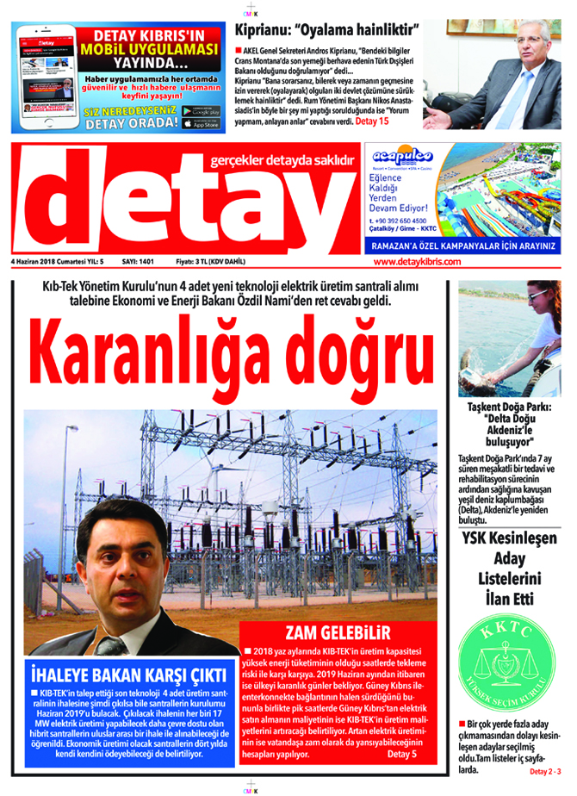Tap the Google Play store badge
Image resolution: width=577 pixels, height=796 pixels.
pyautogui.click(x=201, y=112)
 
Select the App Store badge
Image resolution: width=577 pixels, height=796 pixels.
pyautogui.click(x=201, y=124)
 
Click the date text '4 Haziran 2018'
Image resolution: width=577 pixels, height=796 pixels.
pyautogui.click(x=40, y=261)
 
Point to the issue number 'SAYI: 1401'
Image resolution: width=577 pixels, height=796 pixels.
pyautogui.click(x=138, y=261)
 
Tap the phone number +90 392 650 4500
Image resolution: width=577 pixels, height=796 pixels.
pyautogui.click(x=397, y=221)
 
